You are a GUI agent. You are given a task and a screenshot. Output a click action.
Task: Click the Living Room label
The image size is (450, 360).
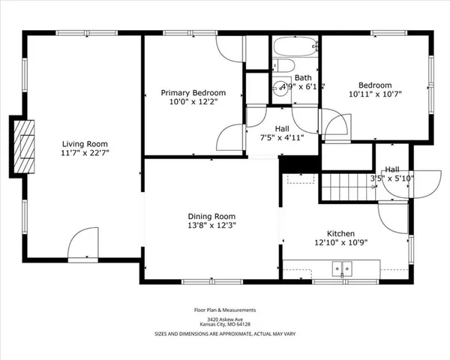(84, 144)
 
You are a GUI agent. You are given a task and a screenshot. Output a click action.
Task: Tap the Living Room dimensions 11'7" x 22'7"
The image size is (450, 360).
(84, 154)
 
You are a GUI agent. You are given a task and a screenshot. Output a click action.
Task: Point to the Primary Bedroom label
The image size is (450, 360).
(193, 93)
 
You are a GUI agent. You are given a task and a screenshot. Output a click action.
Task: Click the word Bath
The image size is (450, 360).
(303, 78)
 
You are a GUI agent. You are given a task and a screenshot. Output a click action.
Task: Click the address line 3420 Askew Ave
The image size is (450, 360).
(226, 319)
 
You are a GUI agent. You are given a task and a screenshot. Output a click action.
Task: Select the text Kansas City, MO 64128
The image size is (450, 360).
(226, 324)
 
